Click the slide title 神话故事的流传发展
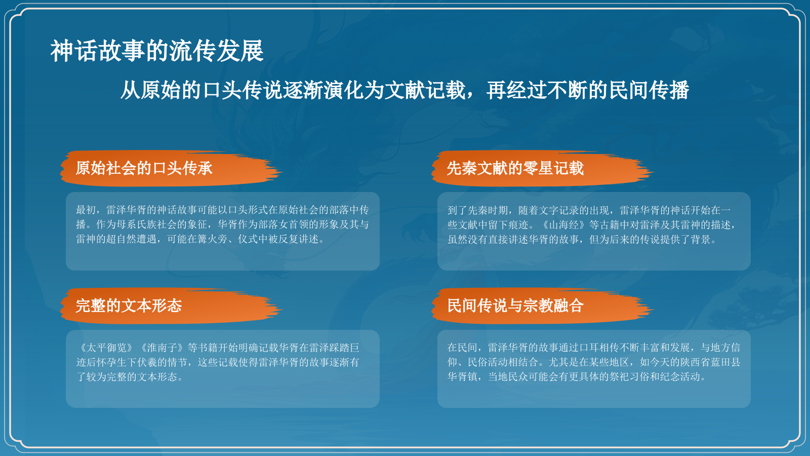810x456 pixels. click(x=157, y=51)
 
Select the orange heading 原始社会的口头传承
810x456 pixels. click(x=144, y=168)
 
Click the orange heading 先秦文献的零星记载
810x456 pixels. click(x=515, y=168)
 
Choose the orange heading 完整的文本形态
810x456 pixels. click(x=129, y=306)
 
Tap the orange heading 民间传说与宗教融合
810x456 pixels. click(x=515, y=306)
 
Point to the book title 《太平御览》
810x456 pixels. click(x=106, y=348)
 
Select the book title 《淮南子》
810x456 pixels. click(x=162, y=348)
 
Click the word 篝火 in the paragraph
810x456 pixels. click(x=208, y=239)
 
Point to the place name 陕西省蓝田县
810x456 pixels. click(x=710, y=362)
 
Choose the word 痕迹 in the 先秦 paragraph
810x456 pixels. click(x=518, y=224)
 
